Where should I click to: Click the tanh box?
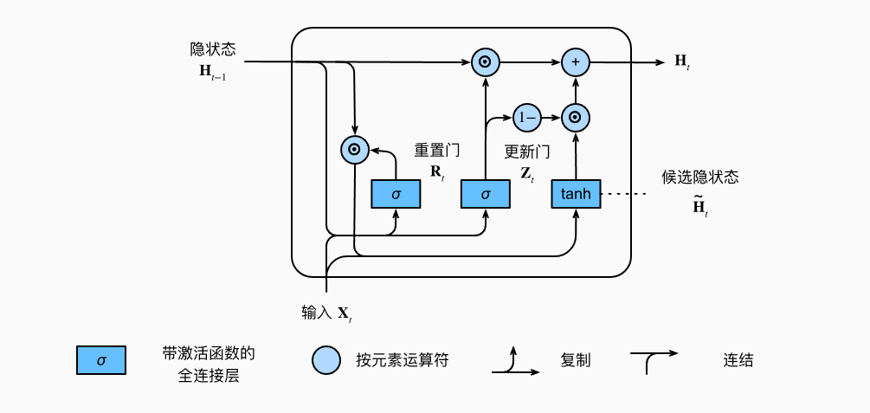(576, 194)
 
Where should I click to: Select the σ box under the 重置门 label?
(396, 194)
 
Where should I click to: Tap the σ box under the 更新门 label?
(485, 194)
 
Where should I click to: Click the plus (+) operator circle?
(575, 62)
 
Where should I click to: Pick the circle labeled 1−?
(525, 116)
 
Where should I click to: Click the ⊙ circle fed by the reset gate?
(353, 150)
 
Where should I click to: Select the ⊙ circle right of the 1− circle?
(575, 116)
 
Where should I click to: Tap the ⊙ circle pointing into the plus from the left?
(485, 62)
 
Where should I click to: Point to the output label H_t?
(682, 61)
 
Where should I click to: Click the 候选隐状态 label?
(700, 177)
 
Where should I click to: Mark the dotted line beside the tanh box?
(624, 194)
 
